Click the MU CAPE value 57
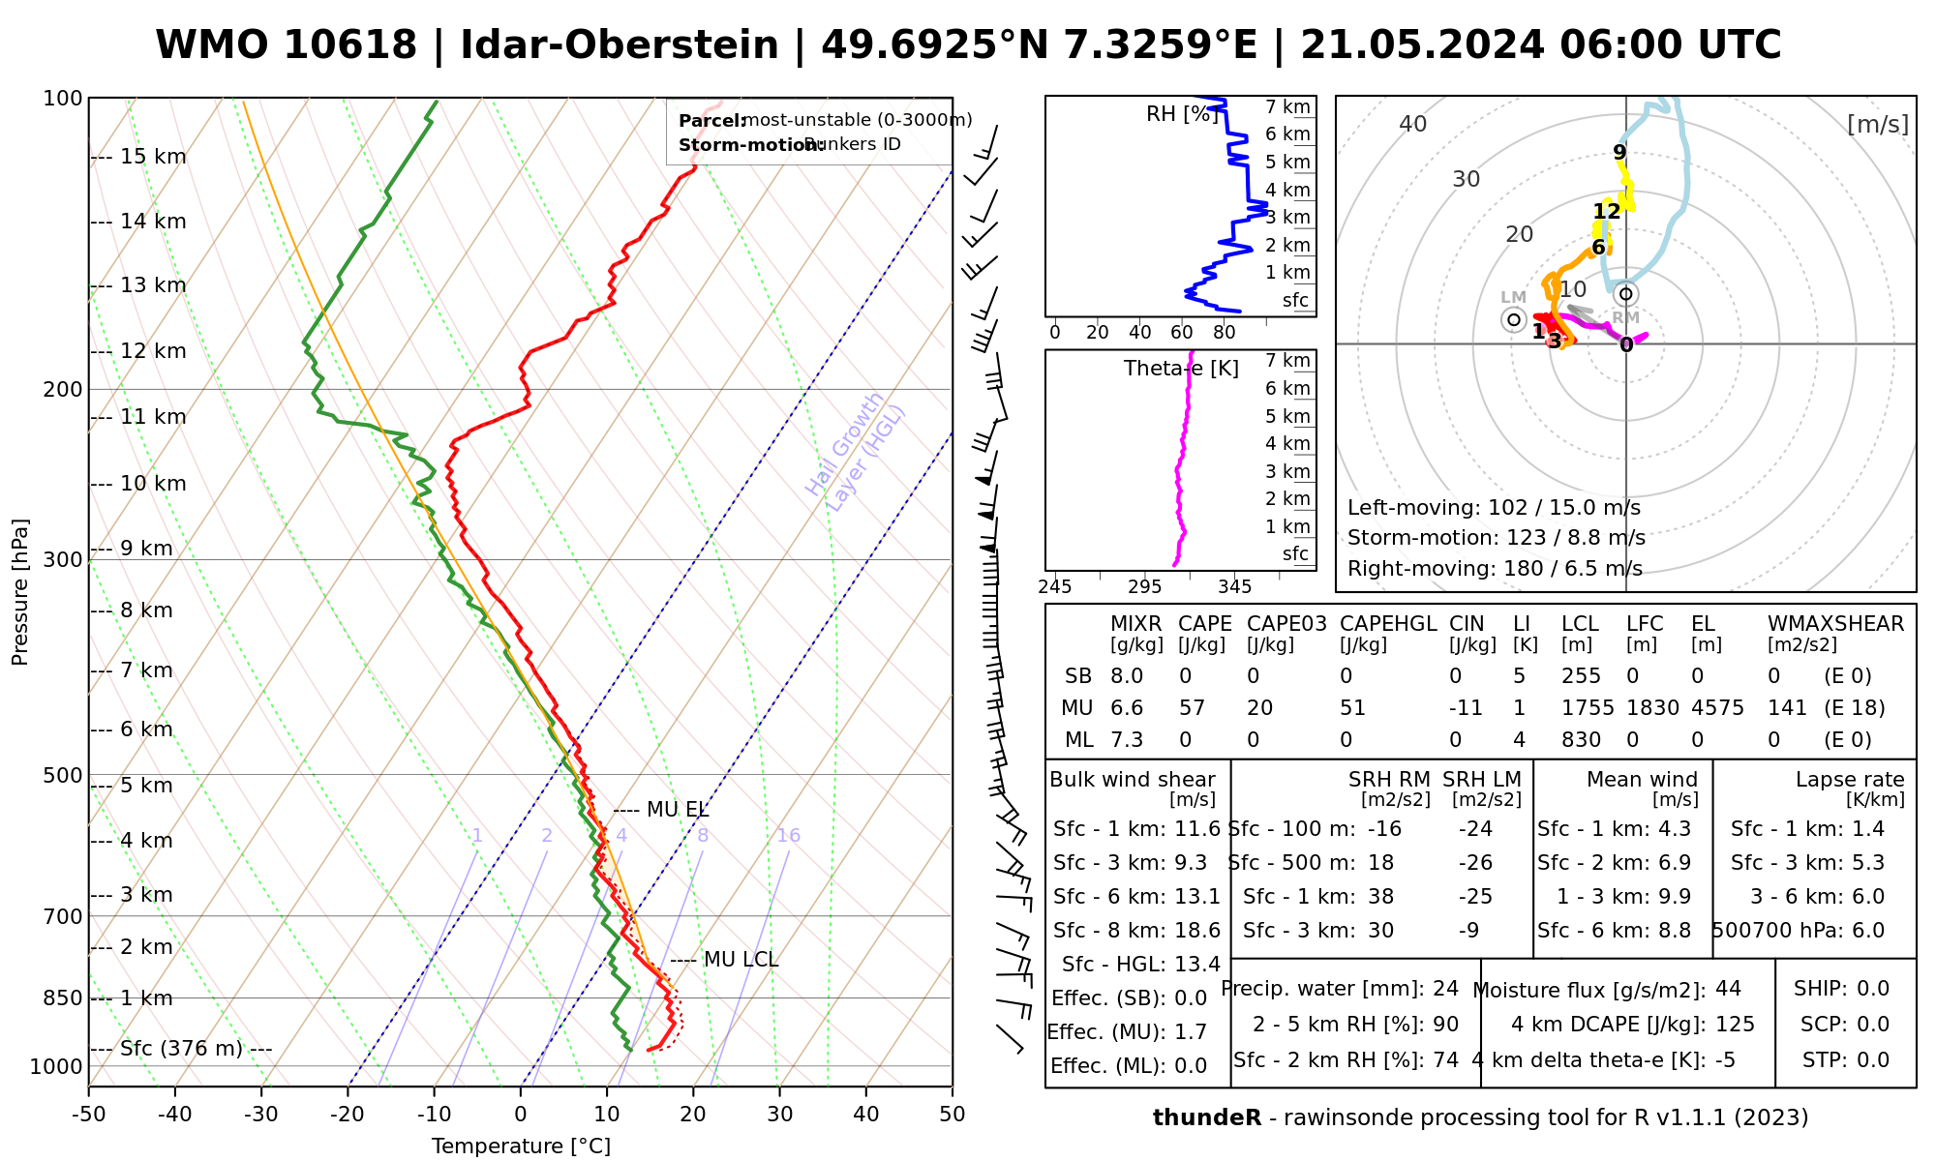(x=1192, y=708)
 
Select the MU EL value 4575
(x=1717, y=708)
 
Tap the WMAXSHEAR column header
(x=1835, y=624)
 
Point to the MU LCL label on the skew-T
(x=741, y=960)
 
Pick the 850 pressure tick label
(x=64, y=998)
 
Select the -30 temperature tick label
(x=261, y=1115)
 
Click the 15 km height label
(x=153, y=157)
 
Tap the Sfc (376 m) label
(x=182, y=1049)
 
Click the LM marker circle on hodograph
(x=1514, y=319)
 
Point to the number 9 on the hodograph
(x=1619, y=152)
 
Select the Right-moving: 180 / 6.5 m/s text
(x=1495, y=569)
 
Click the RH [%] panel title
(x=1181, y=114)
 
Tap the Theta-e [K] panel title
(x=1181, y=369)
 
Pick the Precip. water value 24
(x=1445, y=989)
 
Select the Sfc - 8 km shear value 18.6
(x=1196, y=931)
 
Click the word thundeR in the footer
(x=1207, y=1118)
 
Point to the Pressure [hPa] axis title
(x=20, y=592)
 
